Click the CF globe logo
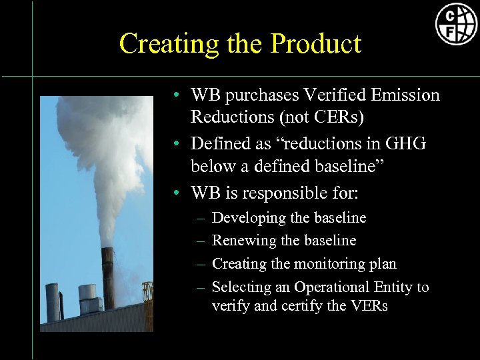(x=457, y=24)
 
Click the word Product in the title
(x=316, y=44)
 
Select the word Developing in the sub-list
(x=245, y=217)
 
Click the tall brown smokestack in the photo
(x=107, y=277)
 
